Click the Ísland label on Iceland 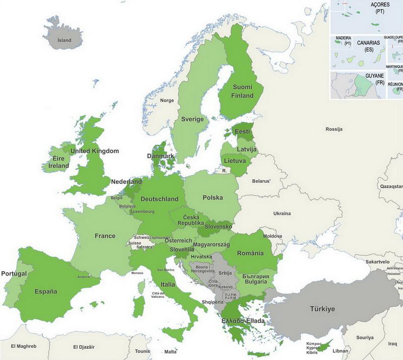[64, 40]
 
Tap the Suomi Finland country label [242, 91]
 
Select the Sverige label [192, 119]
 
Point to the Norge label [167, 100]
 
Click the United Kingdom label [95, 151]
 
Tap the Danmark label [160, 157]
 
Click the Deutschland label [159, 199]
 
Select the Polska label [213, 197]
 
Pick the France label [105, 236]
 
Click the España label [45, 291]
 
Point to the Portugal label [14, 273]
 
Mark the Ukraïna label [282, 213]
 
